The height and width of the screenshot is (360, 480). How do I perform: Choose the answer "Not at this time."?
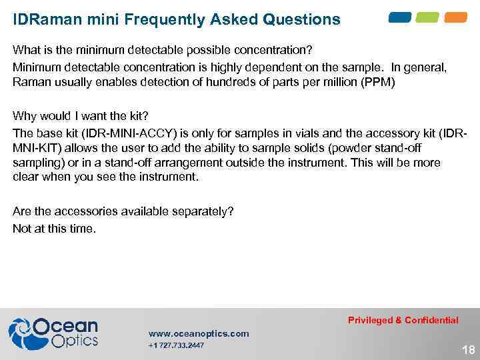click(54, 229)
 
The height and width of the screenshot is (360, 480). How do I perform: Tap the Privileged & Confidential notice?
click(403, 320)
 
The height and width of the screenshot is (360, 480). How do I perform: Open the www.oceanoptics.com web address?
click(199, 333)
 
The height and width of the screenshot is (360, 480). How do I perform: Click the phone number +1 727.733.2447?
click(177, 345)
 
